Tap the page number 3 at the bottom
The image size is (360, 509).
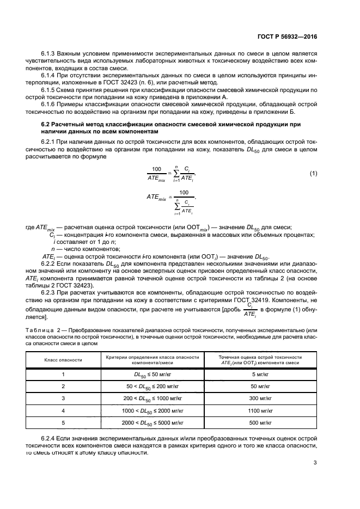pos(315,463)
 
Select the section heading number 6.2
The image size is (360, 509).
pos(47,125)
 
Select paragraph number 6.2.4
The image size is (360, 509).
pos(50,438)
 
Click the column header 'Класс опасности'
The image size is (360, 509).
pos(63,360)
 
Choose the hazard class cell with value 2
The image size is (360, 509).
pos(63,386)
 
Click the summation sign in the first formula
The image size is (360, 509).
pos(175,174)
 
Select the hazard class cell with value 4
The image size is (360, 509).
pos(63,410)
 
